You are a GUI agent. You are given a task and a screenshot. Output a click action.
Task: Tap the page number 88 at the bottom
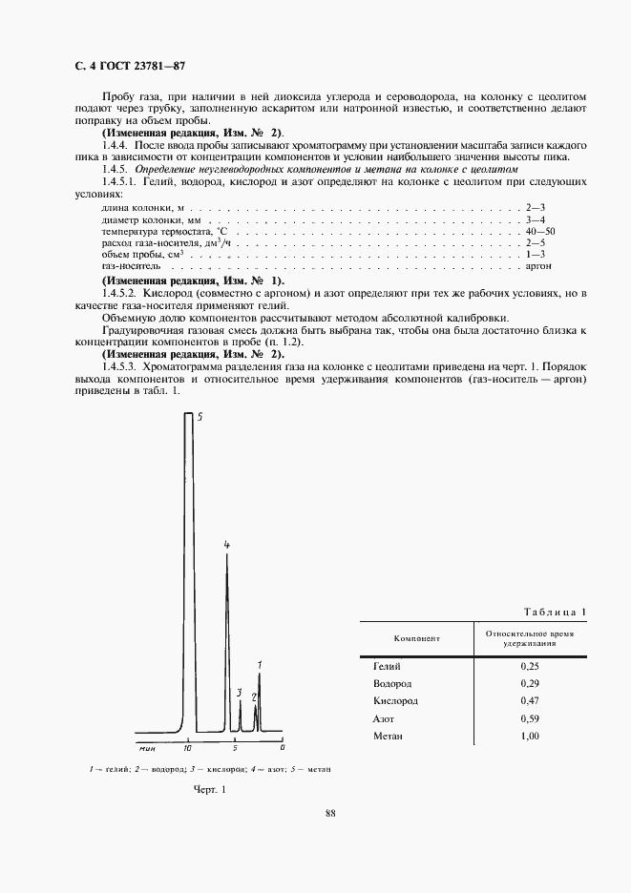point(329,813)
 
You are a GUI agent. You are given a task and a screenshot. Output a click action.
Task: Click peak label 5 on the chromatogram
point(200,417)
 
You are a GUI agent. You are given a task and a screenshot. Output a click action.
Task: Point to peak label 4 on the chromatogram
point(226,545)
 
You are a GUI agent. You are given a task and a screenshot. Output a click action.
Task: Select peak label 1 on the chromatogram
point(260,664)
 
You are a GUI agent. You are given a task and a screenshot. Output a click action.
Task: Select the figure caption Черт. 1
point(208,789)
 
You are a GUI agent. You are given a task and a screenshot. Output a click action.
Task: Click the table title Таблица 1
point(557,611)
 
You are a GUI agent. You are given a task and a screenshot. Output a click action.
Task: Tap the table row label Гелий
point(387,666)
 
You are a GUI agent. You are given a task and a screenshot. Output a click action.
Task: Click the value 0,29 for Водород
point(530,683)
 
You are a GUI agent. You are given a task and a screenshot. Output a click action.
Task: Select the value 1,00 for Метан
point(530,736)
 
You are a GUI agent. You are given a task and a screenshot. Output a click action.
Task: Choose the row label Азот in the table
point(384,718)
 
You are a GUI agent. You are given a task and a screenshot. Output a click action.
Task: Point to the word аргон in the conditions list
point(539,268)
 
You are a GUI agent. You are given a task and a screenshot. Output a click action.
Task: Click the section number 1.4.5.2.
point(122,293)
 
